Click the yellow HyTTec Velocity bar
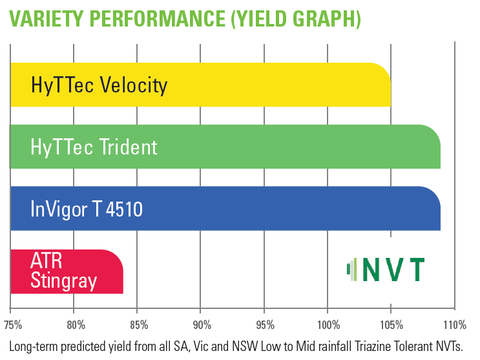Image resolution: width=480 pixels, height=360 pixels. coord(200,85)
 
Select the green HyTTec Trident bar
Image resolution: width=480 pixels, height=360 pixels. coord(225,147)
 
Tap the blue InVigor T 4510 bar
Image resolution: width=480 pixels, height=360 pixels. coord(225,208)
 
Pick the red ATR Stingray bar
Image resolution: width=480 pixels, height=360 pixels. coord(67,271)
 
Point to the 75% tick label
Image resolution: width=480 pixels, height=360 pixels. coord(13,325)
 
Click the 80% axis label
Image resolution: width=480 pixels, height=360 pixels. coord(76,325)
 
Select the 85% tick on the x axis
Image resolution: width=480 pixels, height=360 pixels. coord(140,325)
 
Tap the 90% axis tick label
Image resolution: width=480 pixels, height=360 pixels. coord(202,325)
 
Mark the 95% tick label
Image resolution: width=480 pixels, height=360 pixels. coord(266,325)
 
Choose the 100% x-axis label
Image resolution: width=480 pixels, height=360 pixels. coord(328,325)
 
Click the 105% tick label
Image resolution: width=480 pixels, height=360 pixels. coord(391,325)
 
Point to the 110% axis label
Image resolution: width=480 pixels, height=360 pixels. coord(455,325)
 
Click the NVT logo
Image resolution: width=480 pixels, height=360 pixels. coord(386,270)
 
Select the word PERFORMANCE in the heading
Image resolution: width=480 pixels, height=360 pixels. coord(158,19)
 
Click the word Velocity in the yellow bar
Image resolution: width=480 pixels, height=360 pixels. coord(134,85)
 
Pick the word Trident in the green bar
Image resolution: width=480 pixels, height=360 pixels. coord(128,147)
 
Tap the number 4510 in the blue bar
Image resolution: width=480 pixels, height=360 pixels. coord(124,209)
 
